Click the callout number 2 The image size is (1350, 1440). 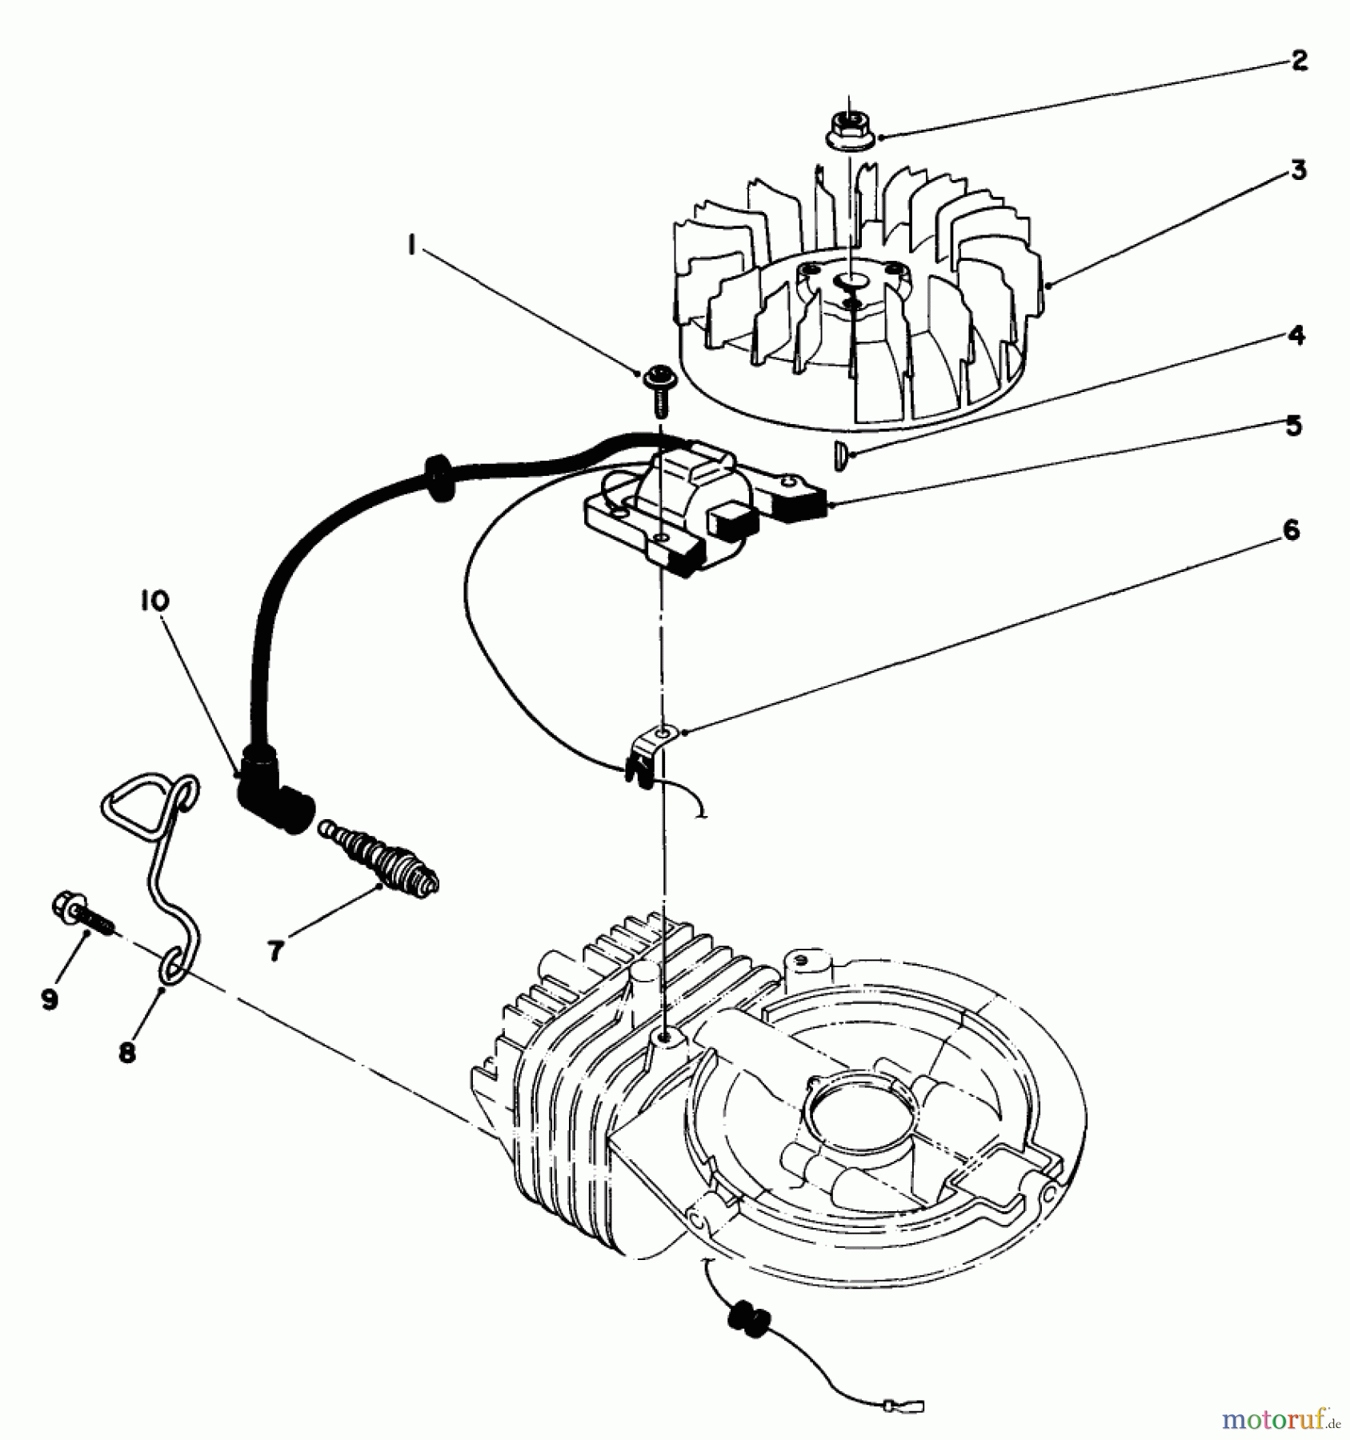[1299, 61]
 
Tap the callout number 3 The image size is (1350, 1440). [1298, 170]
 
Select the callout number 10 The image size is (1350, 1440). [157, 600]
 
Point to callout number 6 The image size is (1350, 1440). [1291, 530]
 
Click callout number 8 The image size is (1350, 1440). [126, 1053]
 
